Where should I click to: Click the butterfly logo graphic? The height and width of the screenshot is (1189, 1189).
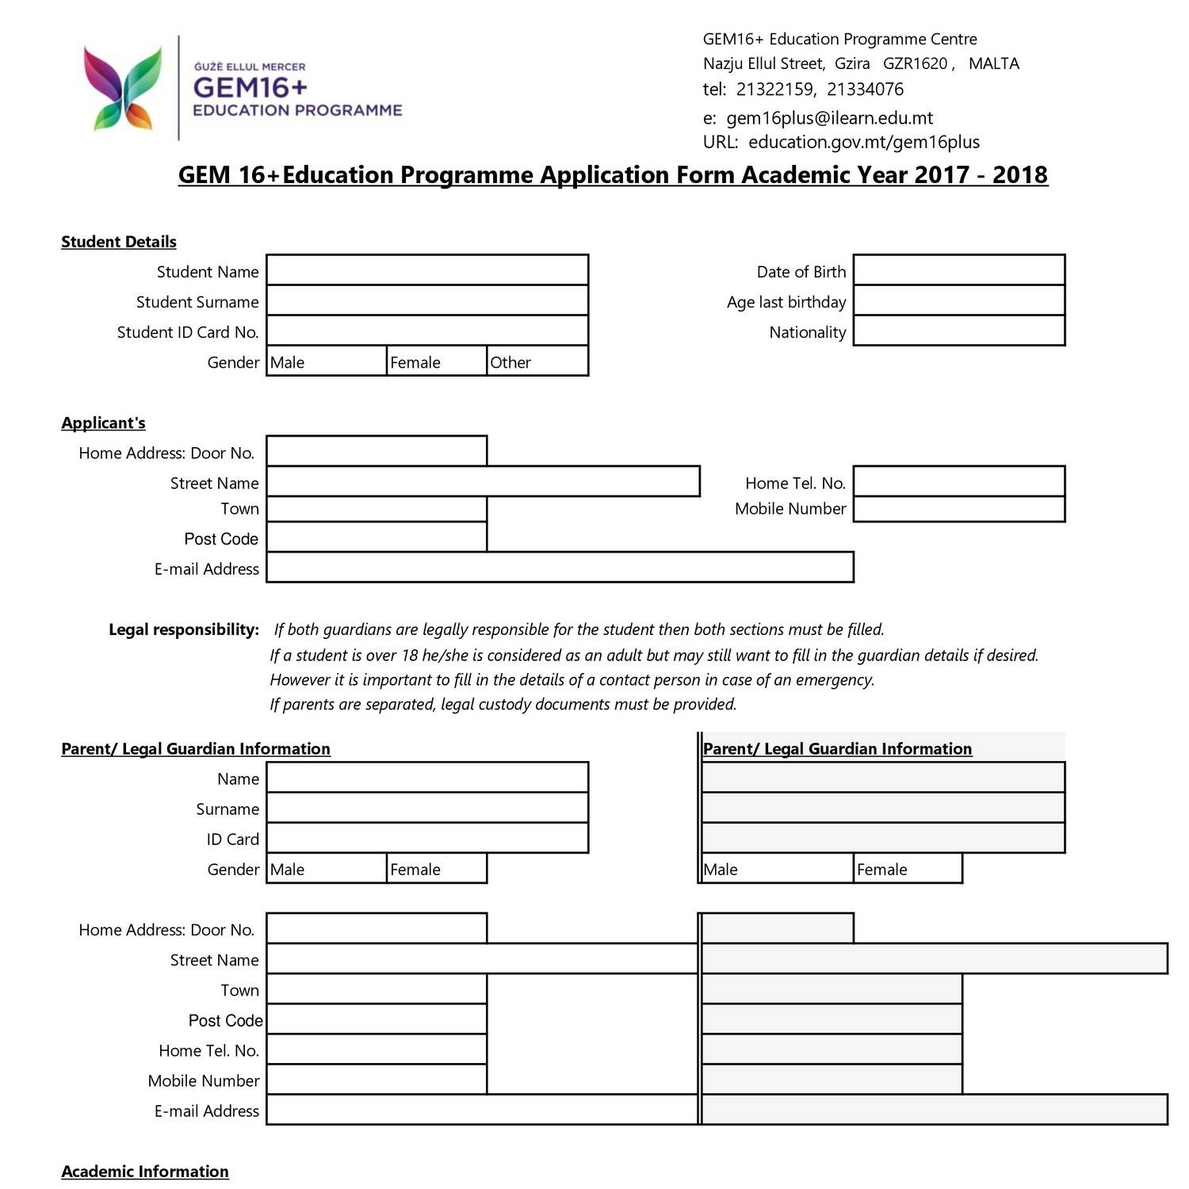click(122, 88)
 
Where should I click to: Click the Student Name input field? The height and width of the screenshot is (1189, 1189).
click(427, 270)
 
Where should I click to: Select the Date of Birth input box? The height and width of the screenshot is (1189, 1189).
click(958, 270)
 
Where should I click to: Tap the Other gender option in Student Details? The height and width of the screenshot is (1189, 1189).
click(537, 361)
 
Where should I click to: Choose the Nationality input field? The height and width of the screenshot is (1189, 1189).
click(958, 331)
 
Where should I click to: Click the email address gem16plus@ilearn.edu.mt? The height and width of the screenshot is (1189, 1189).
click(829, 118)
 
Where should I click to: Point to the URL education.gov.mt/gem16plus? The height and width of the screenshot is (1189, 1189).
click(863, 142)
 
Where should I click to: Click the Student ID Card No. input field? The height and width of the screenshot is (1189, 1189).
click(427, 331)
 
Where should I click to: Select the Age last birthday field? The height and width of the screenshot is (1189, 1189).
click(958, 301)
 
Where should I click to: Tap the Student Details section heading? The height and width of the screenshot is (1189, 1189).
click(119, 242)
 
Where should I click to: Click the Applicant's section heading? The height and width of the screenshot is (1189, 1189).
click(103, 423)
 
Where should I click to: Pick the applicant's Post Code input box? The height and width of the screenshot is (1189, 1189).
click(377, 537)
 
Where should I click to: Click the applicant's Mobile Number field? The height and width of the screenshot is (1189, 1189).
click(958, 509)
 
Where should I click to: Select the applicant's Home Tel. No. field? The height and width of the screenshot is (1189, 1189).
click(958, 482)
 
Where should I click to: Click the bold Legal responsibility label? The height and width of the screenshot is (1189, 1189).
click(184, 630)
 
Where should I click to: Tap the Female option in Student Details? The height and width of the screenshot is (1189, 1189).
click(436, 361)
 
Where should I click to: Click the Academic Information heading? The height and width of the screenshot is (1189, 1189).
click(145, 1172)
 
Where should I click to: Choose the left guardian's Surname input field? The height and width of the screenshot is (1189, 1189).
click(427, 809)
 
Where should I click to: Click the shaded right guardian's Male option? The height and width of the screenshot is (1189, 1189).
click(777, 869)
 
